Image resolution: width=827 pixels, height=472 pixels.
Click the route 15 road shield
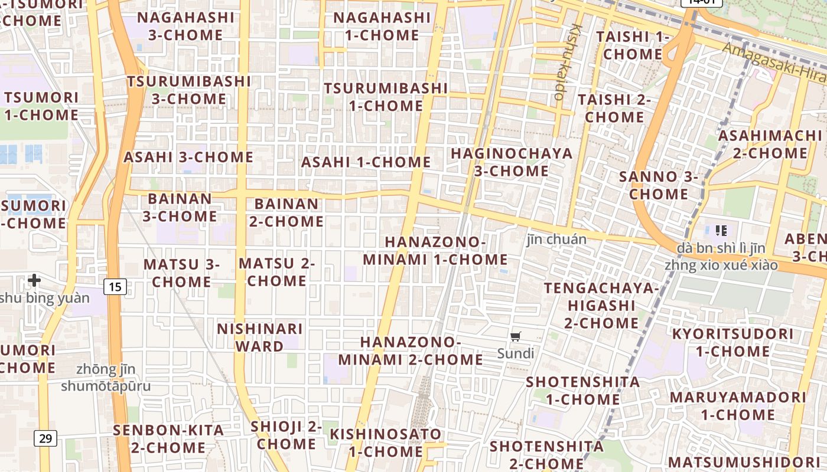(x=115, y=287)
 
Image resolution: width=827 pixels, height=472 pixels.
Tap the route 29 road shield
(x=45, y=438)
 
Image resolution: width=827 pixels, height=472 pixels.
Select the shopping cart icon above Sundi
(x=516, y=337)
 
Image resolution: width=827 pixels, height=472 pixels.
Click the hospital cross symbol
(x=34, y=280)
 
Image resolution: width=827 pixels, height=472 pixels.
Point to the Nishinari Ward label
(x=260, y=337)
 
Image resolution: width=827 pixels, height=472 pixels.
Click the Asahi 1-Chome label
(x=366, y=162)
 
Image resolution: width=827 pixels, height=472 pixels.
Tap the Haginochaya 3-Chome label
(x=512, y=162)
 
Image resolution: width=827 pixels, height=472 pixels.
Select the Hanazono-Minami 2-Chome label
(x=411, y=350)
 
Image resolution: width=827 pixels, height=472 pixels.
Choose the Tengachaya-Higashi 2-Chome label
(x=601, y=306)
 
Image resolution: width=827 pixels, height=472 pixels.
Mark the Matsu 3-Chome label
(x=181, y=273)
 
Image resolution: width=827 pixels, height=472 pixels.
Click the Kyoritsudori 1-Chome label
(x=732, y=342)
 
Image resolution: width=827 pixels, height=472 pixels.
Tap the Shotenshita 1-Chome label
(x=583, y=391)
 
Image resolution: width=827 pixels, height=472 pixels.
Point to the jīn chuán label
(x=556, y=239)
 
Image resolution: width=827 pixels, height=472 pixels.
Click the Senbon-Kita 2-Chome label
(x=169, y=438)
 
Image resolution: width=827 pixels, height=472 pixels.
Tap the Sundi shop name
(x=516, y=353)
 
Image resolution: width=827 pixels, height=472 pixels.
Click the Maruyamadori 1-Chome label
(x=738, y=405)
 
